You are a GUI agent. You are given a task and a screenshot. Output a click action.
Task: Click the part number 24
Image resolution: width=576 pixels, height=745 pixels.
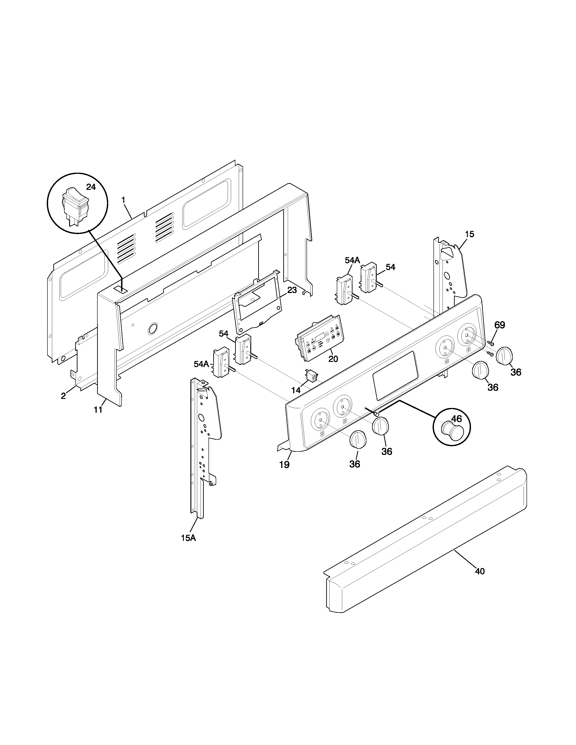coord(91,187)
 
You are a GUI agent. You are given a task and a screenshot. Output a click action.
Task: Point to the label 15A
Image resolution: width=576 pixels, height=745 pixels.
coord(188,538)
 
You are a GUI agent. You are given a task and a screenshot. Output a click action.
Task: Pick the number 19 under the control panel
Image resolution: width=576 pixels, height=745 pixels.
coord(284,465)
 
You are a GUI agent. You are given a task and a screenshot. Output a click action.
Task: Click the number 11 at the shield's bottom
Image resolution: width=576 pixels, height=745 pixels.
coord(98,410)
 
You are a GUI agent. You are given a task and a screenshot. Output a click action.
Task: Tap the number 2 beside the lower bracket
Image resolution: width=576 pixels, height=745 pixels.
coord(63,396)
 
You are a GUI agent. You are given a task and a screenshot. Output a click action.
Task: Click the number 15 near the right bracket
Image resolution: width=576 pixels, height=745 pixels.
coord(469,234)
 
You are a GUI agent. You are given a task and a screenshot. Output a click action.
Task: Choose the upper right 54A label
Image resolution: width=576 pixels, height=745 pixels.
coord(352,260)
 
